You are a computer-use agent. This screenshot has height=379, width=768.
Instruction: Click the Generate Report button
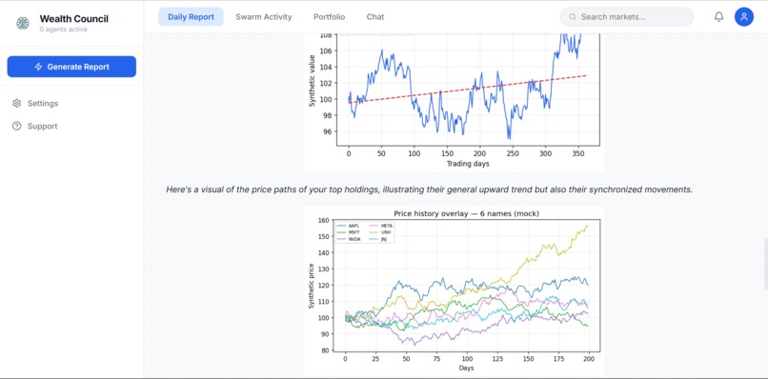71,67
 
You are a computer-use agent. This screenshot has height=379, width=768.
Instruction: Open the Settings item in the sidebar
42,103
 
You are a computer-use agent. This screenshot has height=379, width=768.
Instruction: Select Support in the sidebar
42,126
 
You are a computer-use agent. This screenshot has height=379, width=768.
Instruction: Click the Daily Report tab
191,17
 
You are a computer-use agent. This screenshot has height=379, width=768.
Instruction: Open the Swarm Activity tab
264,17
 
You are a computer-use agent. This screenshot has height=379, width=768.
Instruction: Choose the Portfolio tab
329,17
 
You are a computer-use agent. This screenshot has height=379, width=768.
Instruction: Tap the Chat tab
375,17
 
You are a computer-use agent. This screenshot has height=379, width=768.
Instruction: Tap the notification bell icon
718,17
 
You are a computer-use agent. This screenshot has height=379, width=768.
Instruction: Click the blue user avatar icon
744,17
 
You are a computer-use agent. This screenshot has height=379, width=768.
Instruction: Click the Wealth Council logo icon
23,23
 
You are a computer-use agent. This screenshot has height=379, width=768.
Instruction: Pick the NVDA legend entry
354,239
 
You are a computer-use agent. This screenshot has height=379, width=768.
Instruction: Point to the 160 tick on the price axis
325,221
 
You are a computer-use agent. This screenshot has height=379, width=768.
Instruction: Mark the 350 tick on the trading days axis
578,153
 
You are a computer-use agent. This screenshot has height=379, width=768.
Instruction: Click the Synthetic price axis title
311,286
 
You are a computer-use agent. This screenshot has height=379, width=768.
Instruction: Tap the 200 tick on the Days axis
589,359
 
